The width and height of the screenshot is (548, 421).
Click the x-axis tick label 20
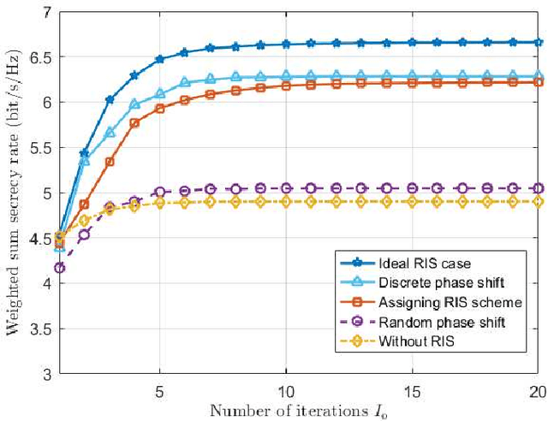point(537,388)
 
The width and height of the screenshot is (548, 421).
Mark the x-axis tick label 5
point(159,388)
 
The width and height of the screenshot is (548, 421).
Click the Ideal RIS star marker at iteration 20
point(538,42)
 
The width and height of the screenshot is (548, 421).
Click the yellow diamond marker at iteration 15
point(412,201)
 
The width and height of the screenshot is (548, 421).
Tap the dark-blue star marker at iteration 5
point(159,59)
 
